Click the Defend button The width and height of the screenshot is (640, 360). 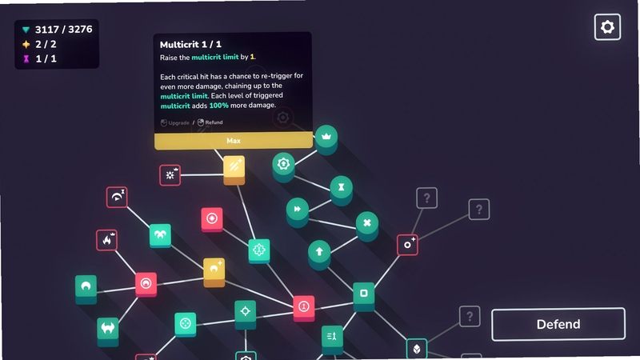(558, 324)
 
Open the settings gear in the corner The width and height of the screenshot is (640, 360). (607, 27)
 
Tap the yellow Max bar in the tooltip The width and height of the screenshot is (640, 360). (234, 141)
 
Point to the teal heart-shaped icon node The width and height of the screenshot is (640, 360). (160, 235)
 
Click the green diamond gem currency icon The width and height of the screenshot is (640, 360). (26, 30)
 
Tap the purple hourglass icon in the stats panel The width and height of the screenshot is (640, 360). (26, 59)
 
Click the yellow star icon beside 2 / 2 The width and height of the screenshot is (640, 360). (26, 44)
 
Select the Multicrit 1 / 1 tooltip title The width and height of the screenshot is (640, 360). (190, 45)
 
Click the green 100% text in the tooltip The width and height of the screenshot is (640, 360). (218, 106)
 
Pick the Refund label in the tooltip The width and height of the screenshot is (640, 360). (214, 122)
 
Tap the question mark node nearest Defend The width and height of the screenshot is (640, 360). (470, 316)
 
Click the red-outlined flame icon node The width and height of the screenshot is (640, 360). (107, 240)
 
